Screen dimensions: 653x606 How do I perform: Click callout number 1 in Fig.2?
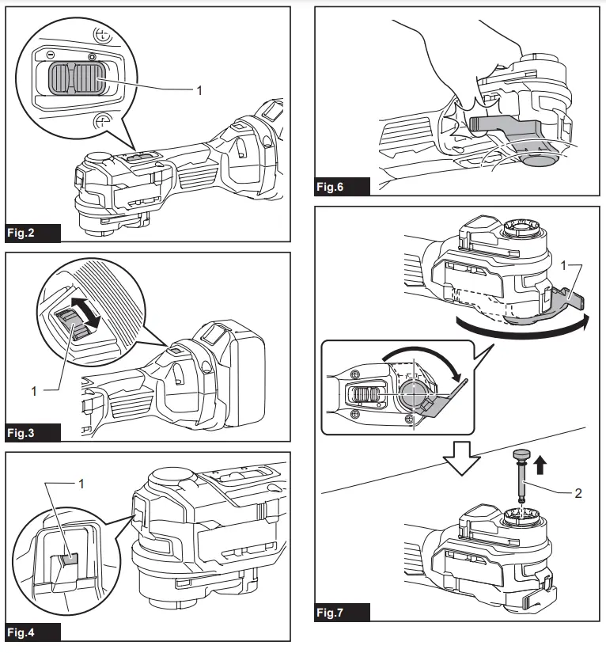pos(199,91)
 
